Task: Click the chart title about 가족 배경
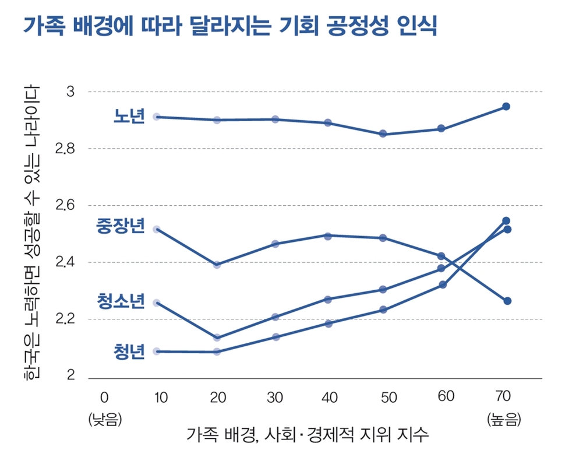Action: coord(229,26)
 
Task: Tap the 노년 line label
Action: coord(128,117)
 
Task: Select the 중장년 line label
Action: coord(120,227)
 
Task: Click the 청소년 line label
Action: coord(120,301)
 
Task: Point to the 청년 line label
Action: coord(129,351)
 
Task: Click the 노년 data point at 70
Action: coord(506,107)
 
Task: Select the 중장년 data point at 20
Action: coord(217,265)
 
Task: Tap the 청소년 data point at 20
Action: coord(217,338)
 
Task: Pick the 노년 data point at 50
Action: coord(383,133)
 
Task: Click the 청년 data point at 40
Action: coord(328,324)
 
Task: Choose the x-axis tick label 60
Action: coord(446,397)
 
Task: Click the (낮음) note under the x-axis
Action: coord(104,420)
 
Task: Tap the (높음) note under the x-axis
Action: coord(503,420)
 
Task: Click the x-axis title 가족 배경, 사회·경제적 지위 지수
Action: coord(308,435)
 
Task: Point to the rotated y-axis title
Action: coord(32,233)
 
